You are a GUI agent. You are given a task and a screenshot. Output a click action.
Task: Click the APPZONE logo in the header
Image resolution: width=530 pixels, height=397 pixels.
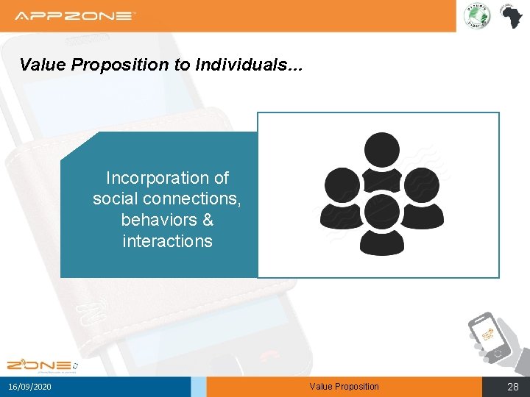pos(76,15)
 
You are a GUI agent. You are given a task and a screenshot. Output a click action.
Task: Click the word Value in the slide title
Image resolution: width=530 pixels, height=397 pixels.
pos(43,65)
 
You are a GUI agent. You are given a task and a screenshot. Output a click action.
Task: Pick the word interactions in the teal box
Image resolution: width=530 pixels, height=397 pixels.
pos(167,241)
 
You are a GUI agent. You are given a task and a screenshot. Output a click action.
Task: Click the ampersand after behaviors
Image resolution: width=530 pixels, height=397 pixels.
pos(207,220)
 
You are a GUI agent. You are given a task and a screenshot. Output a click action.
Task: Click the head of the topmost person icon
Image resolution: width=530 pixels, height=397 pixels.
pos(382,149)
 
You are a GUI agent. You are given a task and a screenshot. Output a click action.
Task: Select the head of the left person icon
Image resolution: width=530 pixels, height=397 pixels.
pos(342,184)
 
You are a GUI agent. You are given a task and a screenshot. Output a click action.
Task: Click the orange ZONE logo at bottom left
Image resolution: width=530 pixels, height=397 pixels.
pos(41,365)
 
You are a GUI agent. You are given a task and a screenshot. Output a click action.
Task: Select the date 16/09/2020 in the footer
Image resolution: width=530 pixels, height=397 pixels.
pos(30,387)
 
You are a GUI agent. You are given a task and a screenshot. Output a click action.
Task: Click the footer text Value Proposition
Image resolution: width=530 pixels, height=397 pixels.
pos(344,387)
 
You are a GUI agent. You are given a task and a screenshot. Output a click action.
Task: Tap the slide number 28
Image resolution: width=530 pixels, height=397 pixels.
pos(513,387)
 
